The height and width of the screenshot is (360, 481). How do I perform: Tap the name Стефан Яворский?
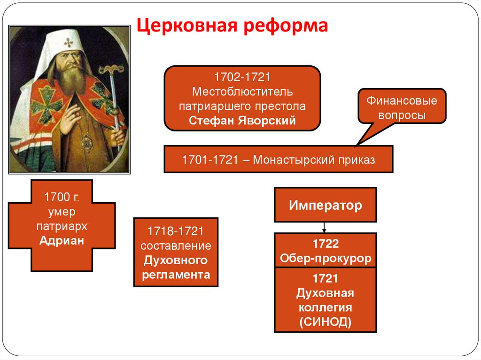tap(242, 120)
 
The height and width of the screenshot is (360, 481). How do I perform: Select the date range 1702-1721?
tap(242, 77)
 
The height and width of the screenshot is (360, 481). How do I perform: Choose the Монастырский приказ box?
tap(278, 159)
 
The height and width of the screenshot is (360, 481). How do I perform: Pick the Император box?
tap(325, 205)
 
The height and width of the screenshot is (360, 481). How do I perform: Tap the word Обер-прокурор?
tap(325, 258)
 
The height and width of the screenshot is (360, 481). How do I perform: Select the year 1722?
tap(325, 244)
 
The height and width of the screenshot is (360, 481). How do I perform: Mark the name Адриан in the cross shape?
tap(62, 241)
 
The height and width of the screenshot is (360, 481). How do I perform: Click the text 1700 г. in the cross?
tap(62, 197)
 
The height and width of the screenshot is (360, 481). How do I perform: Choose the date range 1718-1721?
tap(176, 231)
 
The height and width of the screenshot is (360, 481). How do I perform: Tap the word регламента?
tap(176, 275)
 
